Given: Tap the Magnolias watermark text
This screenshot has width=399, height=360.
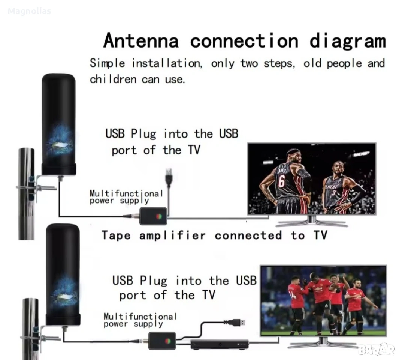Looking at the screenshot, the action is [29, 11].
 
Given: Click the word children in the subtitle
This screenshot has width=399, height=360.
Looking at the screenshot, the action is [113, 79].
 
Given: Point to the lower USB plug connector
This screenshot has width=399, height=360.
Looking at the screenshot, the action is [235, 322].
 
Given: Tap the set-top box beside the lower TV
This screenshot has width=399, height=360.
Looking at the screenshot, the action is [220, 344].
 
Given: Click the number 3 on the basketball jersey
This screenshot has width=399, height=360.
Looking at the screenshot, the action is [333, 193].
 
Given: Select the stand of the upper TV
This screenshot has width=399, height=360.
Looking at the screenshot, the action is [312, 222].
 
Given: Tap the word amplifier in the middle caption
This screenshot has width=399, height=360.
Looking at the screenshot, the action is [173, 235].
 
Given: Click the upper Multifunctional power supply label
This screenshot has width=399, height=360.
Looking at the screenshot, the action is [126, 197].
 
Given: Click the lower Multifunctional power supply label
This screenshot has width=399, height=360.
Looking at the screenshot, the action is [140, 320].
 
